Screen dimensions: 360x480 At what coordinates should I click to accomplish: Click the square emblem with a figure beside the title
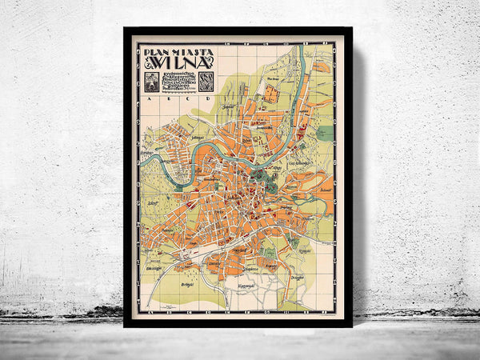pos(150,81)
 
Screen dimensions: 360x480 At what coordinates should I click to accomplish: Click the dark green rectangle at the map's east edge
pos(325,133)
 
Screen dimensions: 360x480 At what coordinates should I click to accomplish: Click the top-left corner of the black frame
pos(125,29)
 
